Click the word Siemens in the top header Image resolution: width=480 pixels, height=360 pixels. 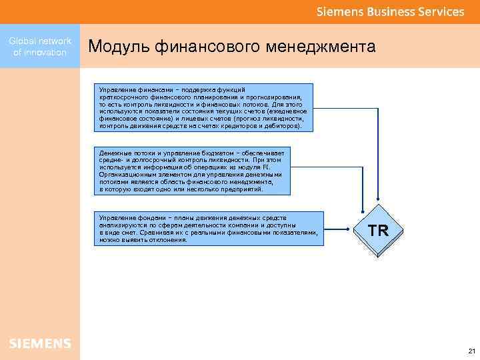coord(337,12)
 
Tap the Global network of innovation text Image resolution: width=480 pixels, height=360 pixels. coord(40,47)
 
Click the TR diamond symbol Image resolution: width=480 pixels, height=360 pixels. coord(379,231)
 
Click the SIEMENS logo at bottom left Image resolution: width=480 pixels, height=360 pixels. coord(40,343)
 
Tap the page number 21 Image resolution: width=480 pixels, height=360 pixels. coord(471,351)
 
